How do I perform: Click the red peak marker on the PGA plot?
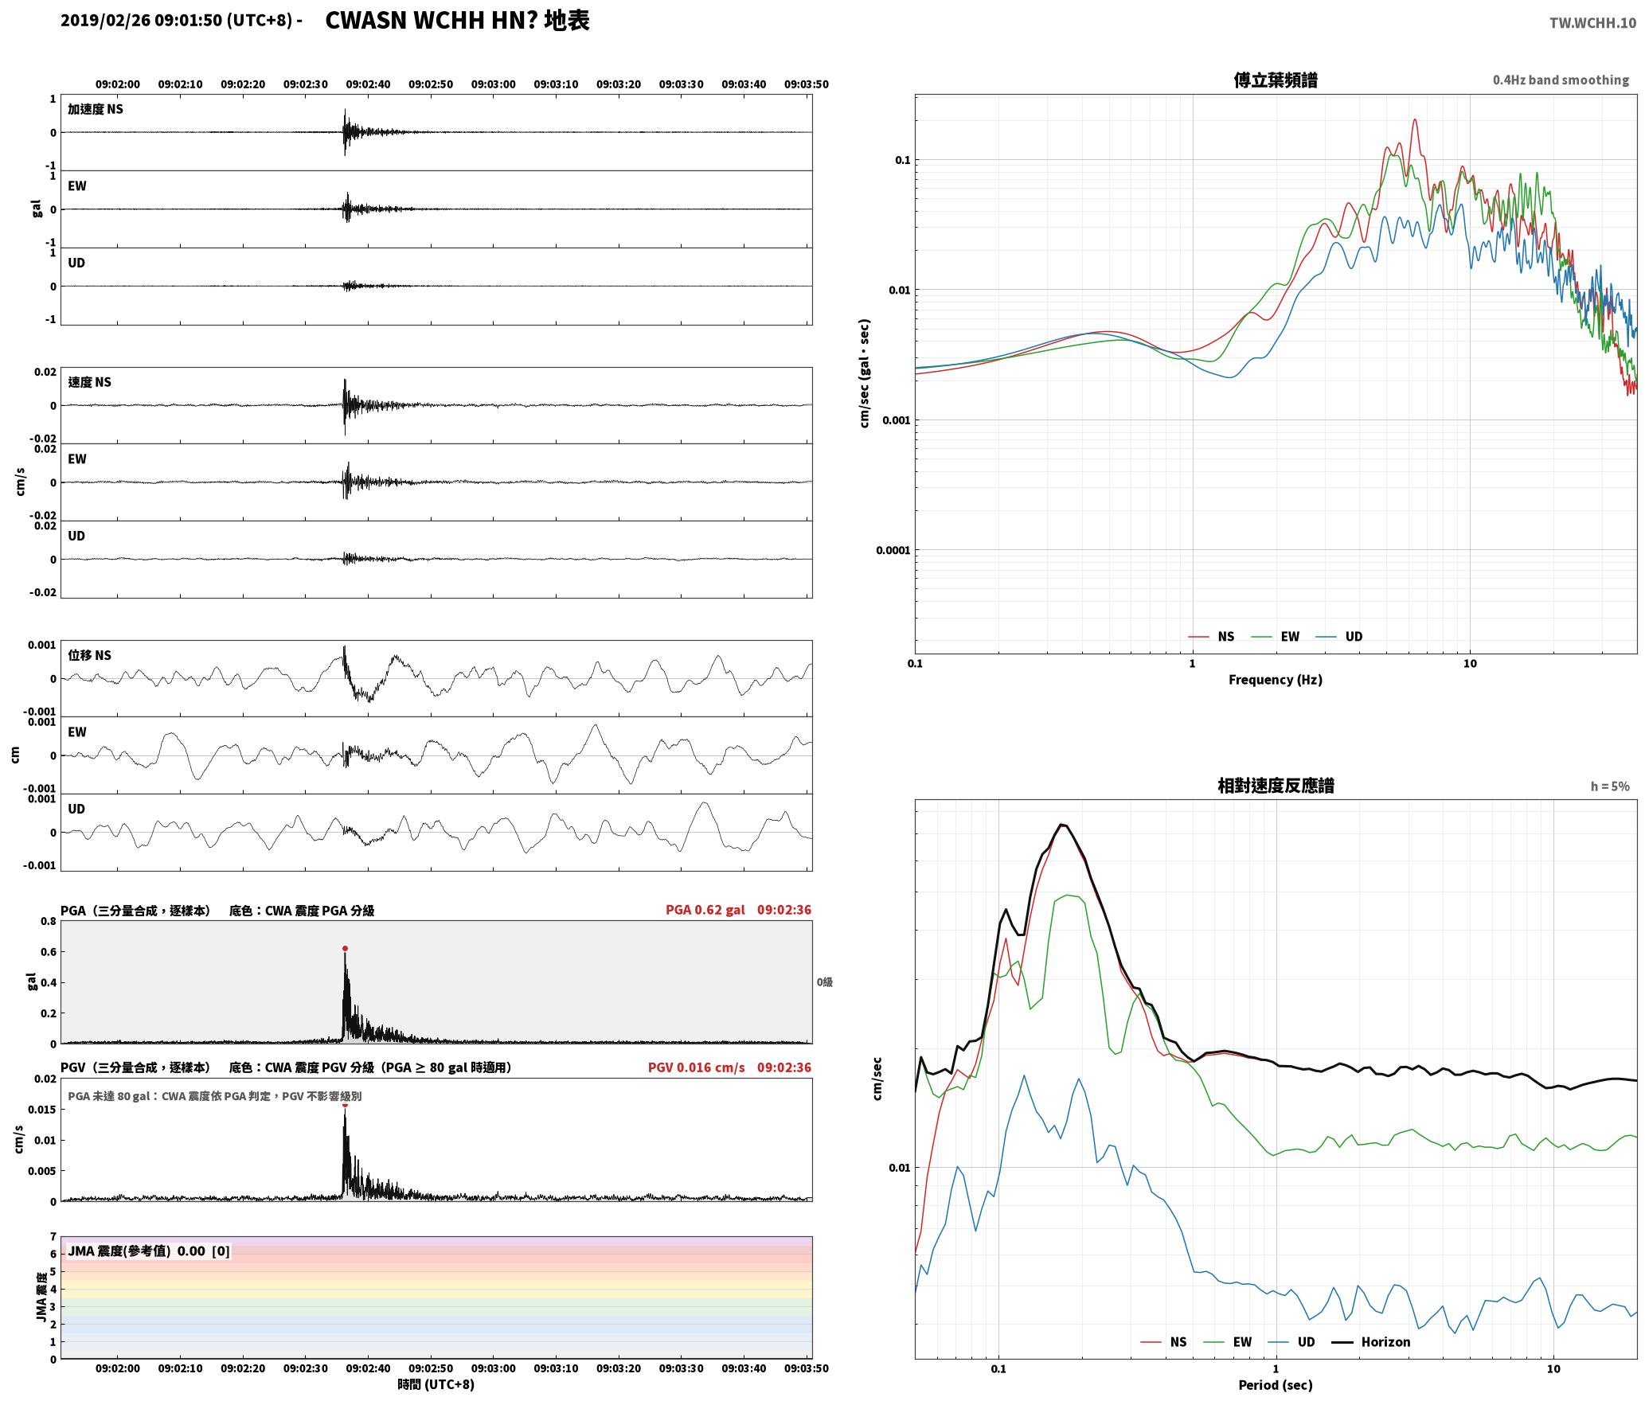click(345, 949)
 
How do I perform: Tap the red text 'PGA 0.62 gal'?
click(705, 910)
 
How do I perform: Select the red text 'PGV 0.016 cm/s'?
click(696, 1067)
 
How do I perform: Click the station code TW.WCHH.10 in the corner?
click(1592, 23)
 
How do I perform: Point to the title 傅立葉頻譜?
click(1275, 80)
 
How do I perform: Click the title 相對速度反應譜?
click(1276, 786)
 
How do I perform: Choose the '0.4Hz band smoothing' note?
click(1561, 80)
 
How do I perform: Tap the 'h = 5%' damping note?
click(1610, 786)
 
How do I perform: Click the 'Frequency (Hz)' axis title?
click(1275, 680)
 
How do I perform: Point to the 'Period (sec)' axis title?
click(1275, 1385)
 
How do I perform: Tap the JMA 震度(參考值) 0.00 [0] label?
click(149, 1251)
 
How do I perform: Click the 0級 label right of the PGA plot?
click(824, 982)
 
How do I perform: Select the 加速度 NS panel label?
click(96, 109)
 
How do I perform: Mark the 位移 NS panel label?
click(89, 655)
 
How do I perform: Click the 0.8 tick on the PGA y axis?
click(49, 922)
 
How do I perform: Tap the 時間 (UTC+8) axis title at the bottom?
click(436, 1384)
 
